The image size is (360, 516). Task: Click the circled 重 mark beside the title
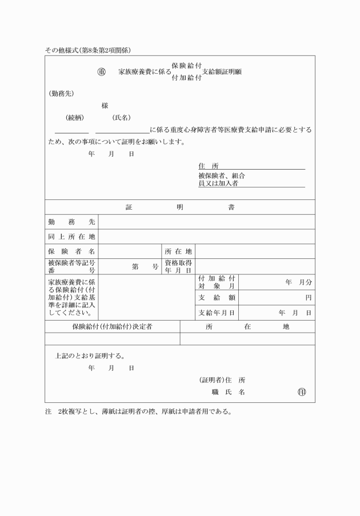(102, 72)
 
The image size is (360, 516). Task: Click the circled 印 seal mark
(302, 392)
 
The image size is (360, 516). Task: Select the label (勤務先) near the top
(61, 93)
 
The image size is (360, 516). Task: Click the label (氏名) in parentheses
(121, 118)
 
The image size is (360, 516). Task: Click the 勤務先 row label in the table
(71, 222)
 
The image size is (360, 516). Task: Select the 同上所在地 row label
(71, 237)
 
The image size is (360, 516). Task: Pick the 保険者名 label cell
(71, 251)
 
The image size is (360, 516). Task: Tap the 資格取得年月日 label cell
(178, 266)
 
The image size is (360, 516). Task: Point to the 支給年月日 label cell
(217, 313)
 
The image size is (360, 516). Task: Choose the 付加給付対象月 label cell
(217, 282)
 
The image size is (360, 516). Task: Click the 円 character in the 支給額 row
(308, 298)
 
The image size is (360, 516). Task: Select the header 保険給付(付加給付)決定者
(112, 327)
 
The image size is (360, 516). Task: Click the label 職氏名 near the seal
(228, 392)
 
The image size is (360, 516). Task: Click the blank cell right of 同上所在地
(206, 237)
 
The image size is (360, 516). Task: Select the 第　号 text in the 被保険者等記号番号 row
(145, 266)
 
